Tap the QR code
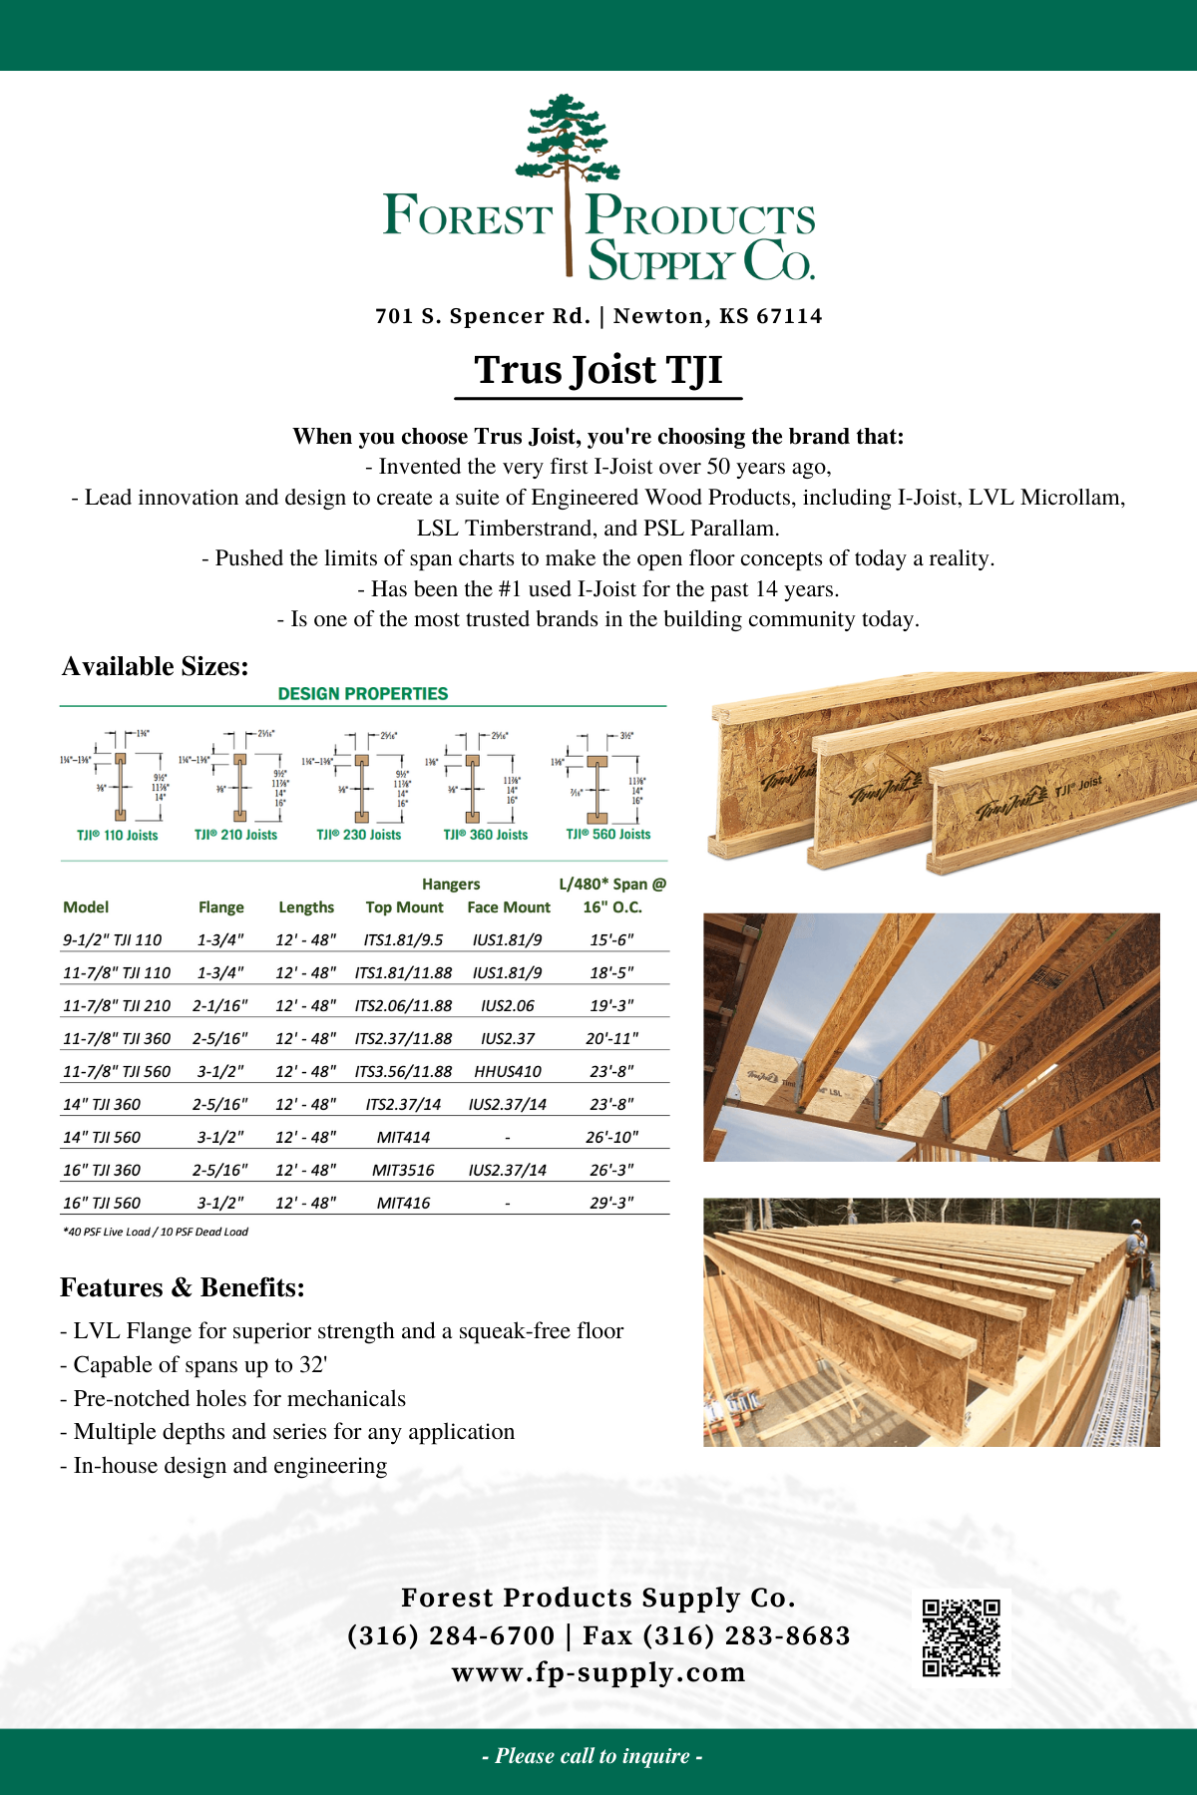[x=961, y=1637]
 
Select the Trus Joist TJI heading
[x=598, y=370]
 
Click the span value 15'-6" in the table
[x=611, y=939]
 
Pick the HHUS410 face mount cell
[x=508, y=1071]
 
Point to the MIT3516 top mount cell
[x=403, y=1170]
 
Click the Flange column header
[x=220, y=907]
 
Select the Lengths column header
[x=306, y=907]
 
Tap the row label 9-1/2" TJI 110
[x=112, y=939]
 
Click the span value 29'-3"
[x=611, y=1203]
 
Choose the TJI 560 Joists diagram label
[x=607, y=835]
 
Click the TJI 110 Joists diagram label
[x=118, y=836]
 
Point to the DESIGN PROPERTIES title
[x=363, y=693]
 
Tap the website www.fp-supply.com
[x=598, y=1672]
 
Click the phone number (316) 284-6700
[x=451, y=1635]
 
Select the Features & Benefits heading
[x=183, y=1287]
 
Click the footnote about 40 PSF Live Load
[x=156, y=1232]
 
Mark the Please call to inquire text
[x=593, y=1756]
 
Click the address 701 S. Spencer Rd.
[x=483, y=316]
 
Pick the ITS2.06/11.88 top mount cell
[x=403, y=1005]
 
